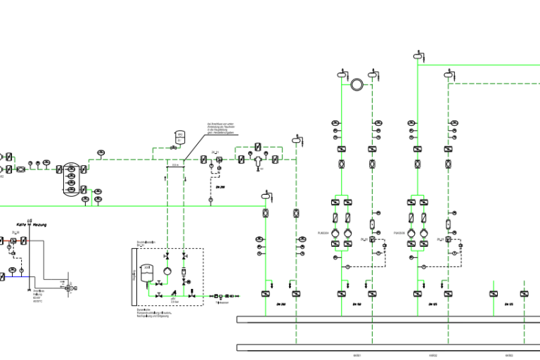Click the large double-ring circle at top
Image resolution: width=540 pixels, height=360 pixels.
[356, 84]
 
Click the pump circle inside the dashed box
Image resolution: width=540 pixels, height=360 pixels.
[167, 271]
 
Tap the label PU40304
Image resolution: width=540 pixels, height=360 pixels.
[323, 232]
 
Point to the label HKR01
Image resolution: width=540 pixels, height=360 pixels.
[356, 356]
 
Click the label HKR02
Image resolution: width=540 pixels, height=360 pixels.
[432, 356]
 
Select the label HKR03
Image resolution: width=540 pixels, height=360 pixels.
[508, 356]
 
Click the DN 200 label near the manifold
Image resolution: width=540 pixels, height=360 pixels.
[280, 304]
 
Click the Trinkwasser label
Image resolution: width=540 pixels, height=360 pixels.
[223, 303]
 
